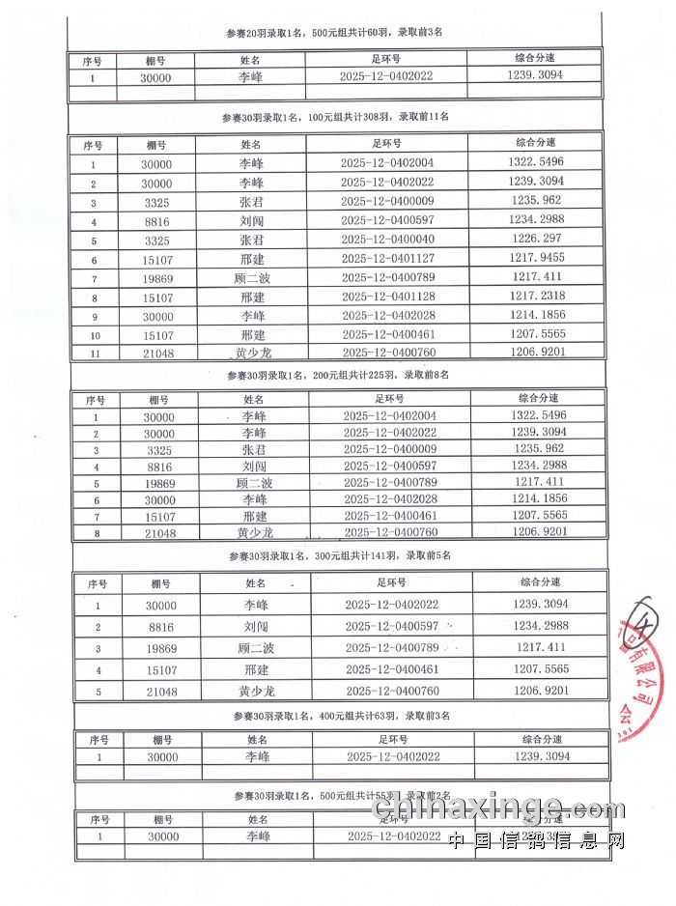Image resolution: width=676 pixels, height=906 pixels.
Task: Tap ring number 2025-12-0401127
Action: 387,259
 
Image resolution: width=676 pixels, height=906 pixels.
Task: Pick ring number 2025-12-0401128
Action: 387,297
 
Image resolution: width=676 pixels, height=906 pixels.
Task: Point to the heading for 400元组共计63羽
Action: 341,717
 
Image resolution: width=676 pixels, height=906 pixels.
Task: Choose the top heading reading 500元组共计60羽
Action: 334,32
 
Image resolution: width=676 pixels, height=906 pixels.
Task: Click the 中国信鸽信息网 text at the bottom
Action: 536,840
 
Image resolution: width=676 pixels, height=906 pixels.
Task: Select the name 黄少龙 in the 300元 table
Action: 256,691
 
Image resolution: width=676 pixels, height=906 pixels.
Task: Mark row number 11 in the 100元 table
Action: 95,354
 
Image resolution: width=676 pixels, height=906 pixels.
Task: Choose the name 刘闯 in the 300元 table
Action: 256,627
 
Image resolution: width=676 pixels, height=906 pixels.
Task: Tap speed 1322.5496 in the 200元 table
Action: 542,415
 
